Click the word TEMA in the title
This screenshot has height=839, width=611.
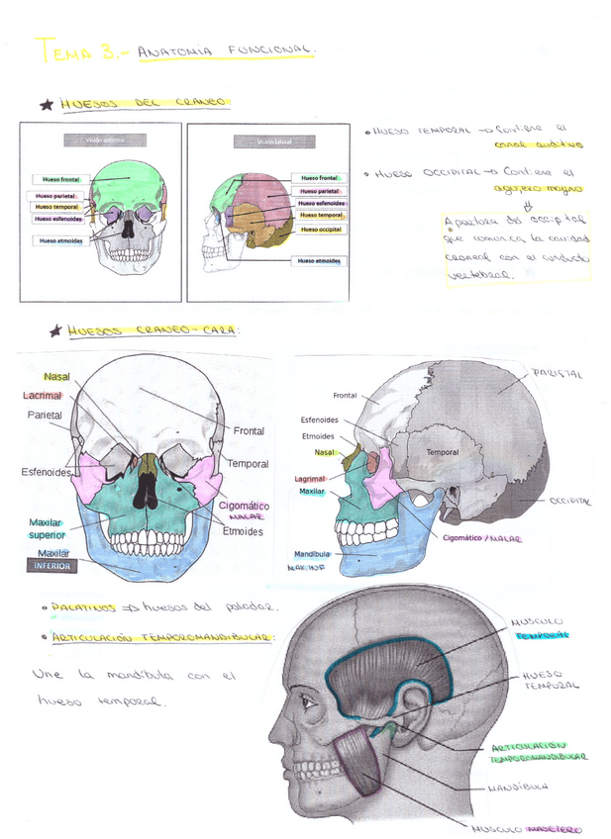click(x=62, y=49)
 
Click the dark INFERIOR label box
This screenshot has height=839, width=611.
click(x=52, y=567)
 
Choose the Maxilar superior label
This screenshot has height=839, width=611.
click(x=47, y=528)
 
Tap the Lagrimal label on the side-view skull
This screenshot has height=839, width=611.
click(x=310, y=479)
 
